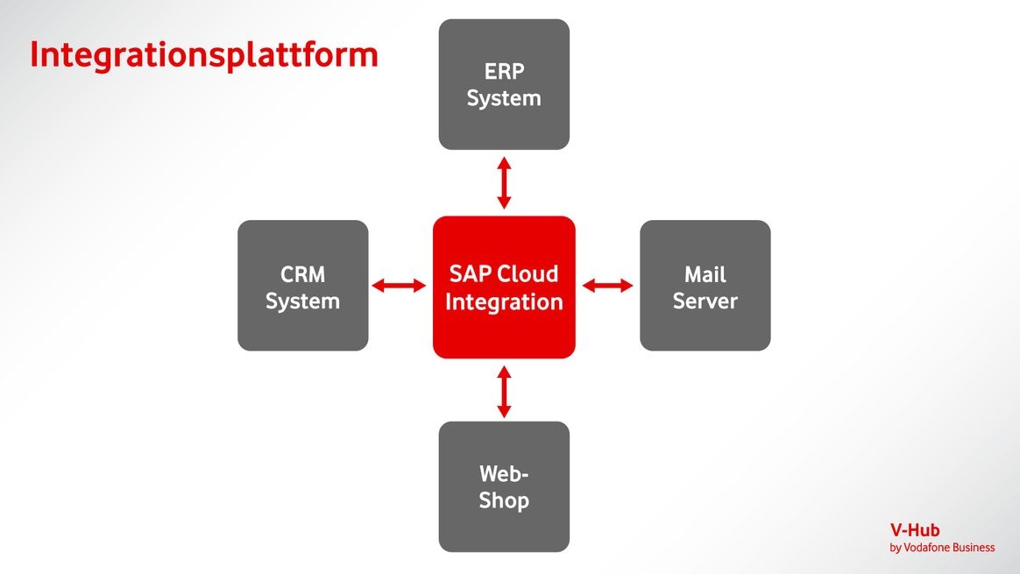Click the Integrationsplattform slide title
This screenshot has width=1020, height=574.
(x=203, y=54)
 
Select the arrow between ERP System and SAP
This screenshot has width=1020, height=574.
(x=504, y=183)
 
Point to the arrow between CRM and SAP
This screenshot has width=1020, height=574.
(x=399, y=286)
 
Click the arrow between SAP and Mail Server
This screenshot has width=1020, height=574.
(x=608, y=286)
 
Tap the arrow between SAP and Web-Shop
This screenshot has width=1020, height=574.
(x=504, y=392)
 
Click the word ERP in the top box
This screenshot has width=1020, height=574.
(x=504, y=71)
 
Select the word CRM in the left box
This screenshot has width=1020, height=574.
(x=302, y=274)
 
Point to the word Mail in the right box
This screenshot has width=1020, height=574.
(x=705, y=274)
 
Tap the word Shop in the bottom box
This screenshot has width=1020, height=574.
(x=504, y=501)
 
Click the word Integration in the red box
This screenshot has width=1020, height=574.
(x=504, y=302)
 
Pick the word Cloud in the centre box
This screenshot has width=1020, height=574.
(x=528, y=273)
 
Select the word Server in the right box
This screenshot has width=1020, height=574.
(x=705, y=301)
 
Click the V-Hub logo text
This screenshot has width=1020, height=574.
(x=915, y=530)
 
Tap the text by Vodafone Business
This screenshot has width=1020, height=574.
(x=942, y=548)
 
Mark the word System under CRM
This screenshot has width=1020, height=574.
(x=302, y=301)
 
